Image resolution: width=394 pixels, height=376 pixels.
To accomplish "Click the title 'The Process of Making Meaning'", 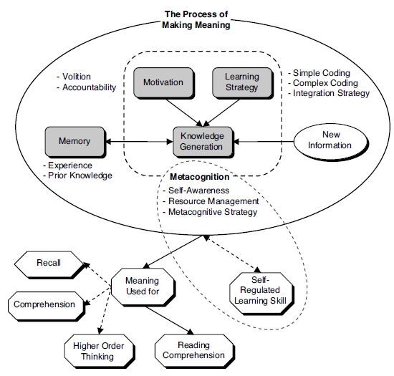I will [196, 19].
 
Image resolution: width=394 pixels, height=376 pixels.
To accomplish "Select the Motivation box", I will [163, 82].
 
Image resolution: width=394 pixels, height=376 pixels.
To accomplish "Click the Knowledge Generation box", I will [201, 141].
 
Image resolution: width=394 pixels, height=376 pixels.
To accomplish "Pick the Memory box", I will [75, 142].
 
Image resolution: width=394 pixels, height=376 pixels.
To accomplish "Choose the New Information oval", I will [330, 140].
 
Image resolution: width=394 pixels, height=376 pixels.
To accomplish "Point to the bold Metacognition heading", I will [200, 177].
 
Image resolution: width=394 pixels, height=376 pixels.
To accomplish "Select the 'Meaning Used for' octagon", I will [142, 286].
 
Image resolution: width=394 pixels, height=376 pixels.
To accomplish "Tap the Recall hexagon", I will [49, 263].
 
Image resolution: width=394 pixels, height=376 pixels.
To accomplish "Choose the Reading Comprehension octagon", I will [191, 350].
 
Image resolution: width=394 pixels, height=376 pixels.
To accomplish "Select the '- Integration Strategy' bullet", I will [330, 93].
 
